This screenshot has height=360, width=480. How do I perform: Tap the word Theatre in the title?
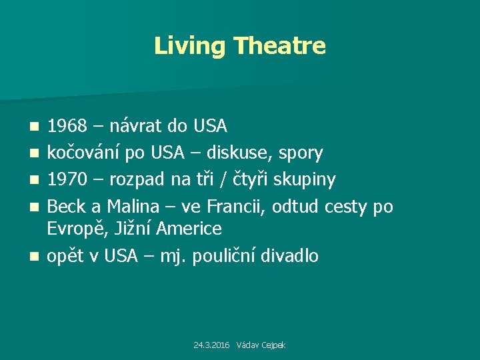coord(280,46)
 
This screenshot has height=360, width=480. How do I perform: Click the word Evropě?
coord(74,229)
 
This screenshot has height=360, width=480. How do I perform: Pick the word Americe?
coord(189,229)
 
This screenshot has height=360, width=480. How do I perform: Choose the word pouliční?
coord(226,255)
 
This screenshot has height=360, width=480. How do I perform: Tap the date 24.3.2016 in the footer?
coord(211,345)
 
